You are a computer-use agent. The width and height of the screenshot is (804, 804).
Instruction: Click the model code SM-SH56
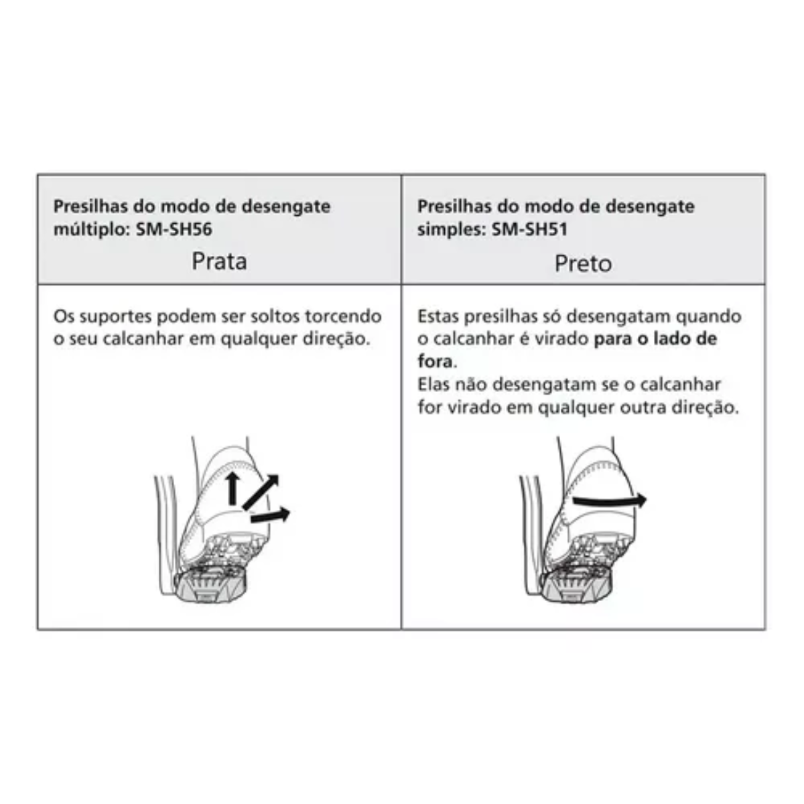click(x=174, y=229)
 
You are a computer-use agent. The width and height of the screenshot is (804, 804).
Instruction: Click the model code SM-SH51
click(x=530, y=229)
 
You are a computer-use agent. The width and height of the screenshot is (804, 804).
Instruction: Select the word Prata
click(x=219, y=261)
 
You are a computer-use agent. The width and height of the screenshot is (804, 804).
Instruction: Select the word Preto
click(x=583, y=264)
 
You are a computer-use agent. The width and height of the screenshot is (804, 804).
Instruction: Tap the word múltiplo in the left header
click(x=91, y=230)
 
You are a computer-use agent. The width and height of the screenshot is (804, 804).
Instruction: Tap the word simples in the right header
click(x=451, y=230)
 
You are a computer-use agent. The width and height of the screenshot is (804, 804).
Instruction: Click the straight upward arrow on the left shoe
click(x=233, y=488)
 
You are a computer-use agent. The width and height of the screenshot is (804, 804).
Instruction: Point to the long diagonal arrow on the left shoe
click(x=261, y=492)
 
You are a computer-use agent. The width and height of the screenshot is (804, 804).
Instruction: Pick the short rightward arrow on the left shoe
click(x=270, y=515)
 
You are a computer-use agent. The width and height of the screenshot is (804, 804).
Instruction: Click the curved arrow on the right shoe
click(x=609, y=500)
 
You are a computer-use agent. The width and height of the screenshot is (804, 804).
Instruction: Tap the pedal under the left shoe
click(x=210, y=584)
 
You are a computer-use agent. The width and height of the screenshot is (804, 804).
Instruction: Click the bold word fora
click(x=435, y=362)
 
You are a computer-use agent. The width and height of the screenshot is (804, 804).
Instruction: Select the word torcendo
click(x=344, y=316)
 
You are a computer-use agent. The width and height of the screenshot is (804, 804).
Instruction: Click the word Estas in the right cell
click(x=438, y=316)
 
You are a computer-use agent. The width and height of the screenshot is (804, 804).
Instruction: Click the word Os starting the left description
click(x=64, y=316)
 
